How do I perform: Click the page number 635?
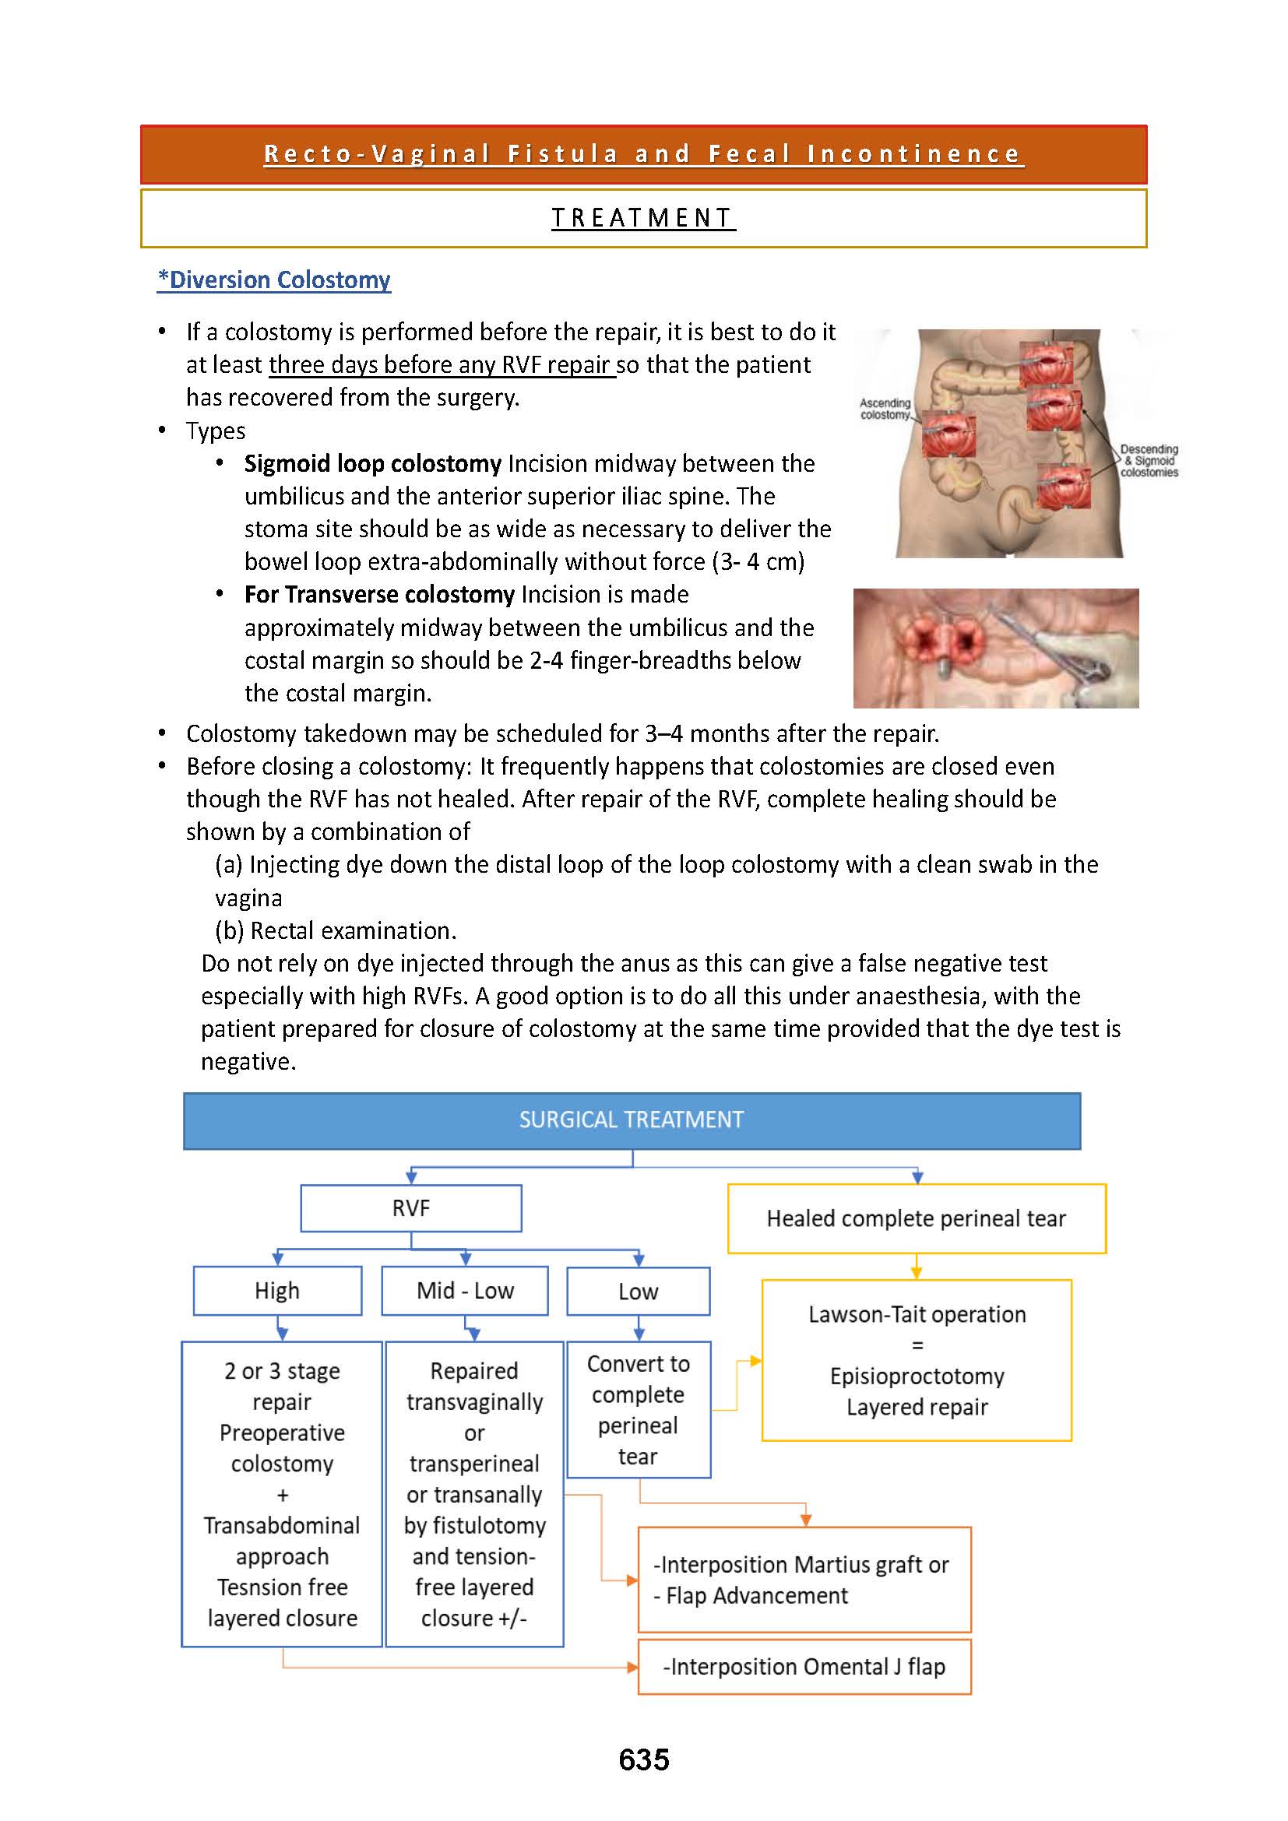[x=643, y=1759]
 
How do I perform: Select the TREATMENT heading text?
[x=643, y=217]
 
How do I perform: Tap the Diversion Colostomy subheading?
[x=273, y=280]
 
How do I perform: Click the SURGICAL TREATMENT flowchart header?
[x=632, y=1120]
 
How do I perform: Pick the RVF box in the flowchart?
[x=411, y=1208]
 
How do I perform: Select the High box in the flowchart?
[x=276, y=1290]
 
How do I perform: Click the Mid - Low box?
[x=465, y=1290]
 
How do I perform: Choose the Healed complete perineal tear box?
[x=916, y=1218]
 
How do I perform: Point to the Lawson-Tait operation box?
[x=916, y=1359]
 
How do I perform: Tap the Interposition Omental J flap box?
[x=804, y=1666]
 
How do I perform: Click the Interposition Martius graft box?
[x=804, y=1579]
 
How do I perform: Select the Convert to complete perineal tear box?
[x=638, y=1409]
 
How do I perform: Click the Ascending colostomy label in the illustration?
[x=885, y=409]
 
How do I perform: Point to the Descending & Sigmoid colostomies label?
[x=1149, y=461]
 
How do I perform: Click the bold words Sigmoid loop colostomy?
[x=372, y=463]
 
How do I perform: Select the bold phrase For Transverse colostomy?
[x=379, y=594]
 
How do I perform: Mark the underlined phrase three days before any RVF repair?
[x=441, y=365]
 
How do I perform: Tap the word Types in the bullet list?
[x=216, y=431]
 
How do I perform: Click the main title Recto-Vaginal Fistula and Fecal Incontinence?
[x=643, y=154]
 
